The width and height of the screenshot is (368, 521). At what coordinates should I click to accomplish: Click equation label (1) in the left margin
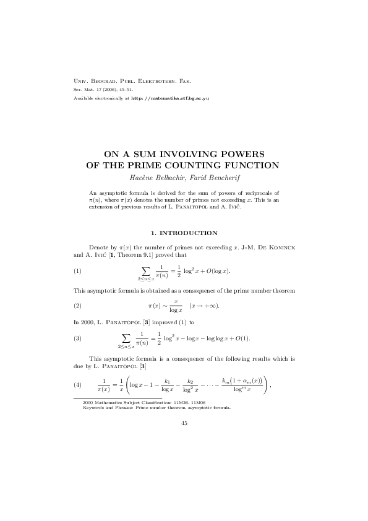click(x=77, y=271)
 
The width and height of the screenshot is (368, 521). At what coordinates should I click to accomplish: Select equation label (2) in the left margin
click(x=77, y=306)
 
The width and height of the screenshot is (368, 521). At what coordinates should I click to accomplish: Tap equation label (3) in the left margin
click(x=77, y=338)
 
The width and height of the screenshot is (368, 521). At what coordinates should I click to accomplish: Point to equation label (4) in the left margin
click(x=77, y=385)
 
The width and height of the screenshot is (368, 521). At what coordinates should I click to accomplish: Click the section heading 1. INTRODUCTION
click(x=184, y=233)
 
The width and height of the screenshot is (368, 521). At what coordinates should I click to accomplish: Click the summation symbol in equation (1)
click(x=146, y=270)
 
